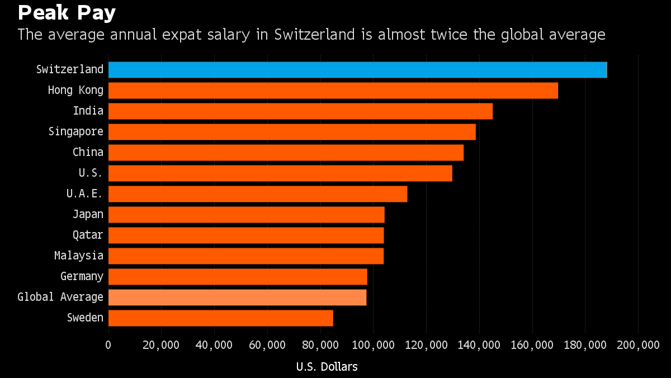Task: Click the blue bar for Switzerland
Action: (x=357, y=70)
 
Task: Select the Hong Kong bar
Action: (x=333, y=91)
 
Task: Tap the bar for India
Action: (x=300, y=111)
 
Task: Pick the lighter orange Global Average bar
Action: (x=237, y=297)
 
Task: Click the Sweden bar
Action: (x=220, y=318)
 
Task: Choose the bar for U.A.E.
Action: (x=257, y=194)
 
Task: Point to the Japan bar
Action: (x=246, y=215)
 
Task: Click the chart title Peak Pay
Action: (x=67, y=12)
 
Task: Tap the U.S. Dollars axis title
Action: (x=327, y=367)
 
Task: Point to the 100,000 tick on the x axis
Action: (x=373, y=345)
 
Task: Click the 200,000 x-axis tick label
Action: (x=638, y=345)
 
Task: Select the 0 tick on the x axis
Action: (x=108, y=345)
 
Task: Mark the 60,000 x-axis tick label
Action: (x=267, y=345)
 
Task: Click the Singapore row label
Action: (x=75, y=131)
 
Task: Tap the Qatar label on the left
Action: (x=88, y=235)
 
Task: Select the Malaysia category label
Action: (x=79, y=256)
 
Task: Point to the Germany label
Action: (x=82, y=276)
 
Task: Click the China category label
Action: (x=88, y=152)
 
